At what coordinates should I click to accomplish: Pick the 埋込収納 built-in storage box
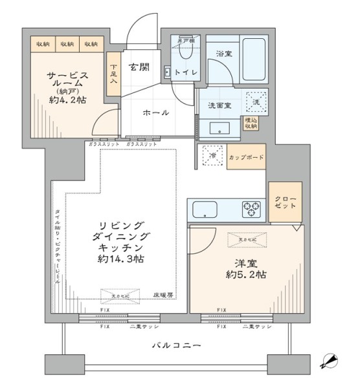249,124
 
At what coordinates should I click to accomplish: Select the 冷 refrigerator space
210,156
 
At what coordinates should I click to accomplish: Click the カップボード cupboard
246,157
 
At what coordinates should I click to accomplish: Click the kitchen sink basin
206,210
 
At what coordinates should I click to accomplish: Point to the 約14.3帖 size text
122,259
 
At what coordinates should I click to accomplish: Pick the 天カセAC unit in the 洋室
245,241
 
